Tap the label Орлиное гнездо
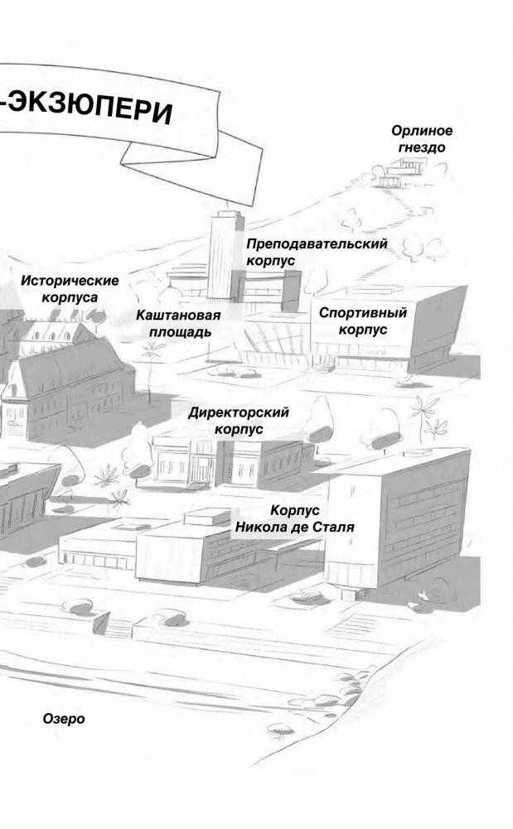point(422,139)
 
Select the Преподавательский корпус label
point(317,252)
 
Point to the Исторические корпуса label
point(70,288)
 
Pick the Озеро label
point(64,719)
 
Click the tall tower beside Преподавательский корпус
point(222,253)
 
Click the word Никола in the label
point(262,527)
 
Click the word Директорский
point(239,412)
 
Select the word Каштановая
point(178,315)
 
